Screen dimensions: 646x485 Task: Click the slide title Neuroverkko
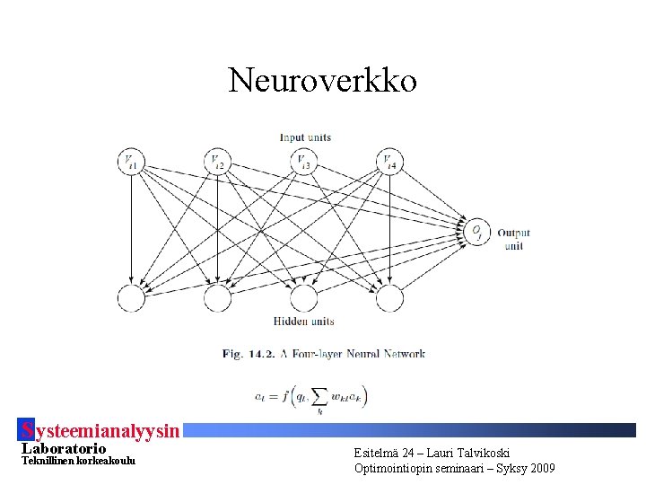pos(323,81)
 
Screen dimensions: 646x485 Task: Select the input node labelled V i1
pos(131,162)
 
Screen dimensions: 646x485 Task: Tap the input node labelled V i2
pos(217,162)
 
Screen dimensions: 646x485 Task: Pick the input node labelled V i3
pos(303,162)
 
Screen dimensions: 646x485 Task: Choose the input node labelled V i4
pos(388,162)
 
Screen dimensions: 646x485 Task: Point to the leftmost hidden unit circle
pos(131,297)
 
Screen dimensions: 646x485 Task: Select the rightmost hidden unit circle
pos(388,297)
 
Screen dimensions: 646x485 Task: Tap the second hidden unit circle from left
pos(217,297)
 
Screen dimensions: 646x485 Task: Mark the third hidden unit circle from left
pos(303,297)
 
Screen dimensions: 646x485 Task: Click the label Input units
pos(305,137)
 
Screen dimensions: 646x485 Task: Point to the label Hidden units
pos(303,322)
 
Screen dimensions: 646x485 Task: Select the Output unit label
pos(513,239)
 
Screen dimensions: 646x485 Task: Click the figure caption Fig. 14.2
pos(244,354)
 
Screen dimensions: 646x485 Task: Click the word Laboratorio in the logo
pos(63,448)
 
